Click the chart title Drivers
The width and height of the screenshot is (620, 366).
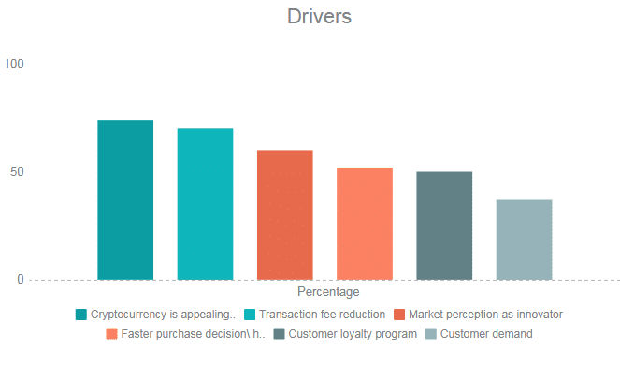click(x=319, y=17)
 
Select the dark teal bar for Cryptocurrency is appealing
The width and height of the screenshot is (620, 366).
click(x=125, y=199)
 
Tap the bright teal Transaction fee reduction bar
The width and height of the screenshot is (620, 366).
click(x=205, y=204)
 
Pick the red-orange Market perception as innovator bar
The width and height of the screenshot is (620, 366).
click(x=285, y=215)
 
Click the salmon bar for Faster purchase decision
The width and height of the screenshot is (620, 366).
click(x=365, y=224)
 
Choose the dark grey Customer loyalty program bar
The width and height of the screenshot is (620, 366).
click(x=444, y=226)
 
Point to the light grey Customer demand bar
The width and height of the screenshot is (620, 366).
click(x=525, y=240)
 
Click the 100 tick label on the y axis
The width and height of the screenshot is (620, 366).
click(x=15, y=64)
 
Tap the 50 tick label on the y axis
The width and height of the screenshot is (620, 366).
click(x=17, y=171)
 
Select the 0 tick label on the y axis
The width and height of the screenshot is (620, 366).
click(x=21, y=280)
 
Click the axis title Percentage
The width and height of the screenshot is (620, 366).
click(x=328, y=292)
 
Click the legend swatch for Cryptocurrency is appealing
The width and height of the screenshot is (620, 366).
click(x=81, y=315)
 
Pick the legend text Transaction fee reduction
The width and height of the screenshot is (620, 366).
click(x=322, y=315)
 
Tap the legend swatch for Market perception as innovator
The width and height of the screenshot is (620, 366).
click(x=399, y=315)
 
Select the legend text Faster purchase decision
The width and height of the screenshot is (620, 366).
click(x=193, y=334)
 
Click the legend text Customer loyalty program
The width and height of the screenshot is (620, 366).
click(x=353, y=334)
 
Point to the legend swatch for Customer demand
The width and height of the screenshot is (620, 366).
click(x=431, y=334)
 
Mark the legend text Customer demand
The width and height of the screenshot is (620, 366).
click(x=486, y=334)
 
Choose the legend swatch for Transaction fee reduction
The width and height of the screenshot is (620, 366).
click(x=250, y=315)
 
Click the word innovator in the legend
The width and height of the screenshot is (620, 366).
click(x=540, y=315)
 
